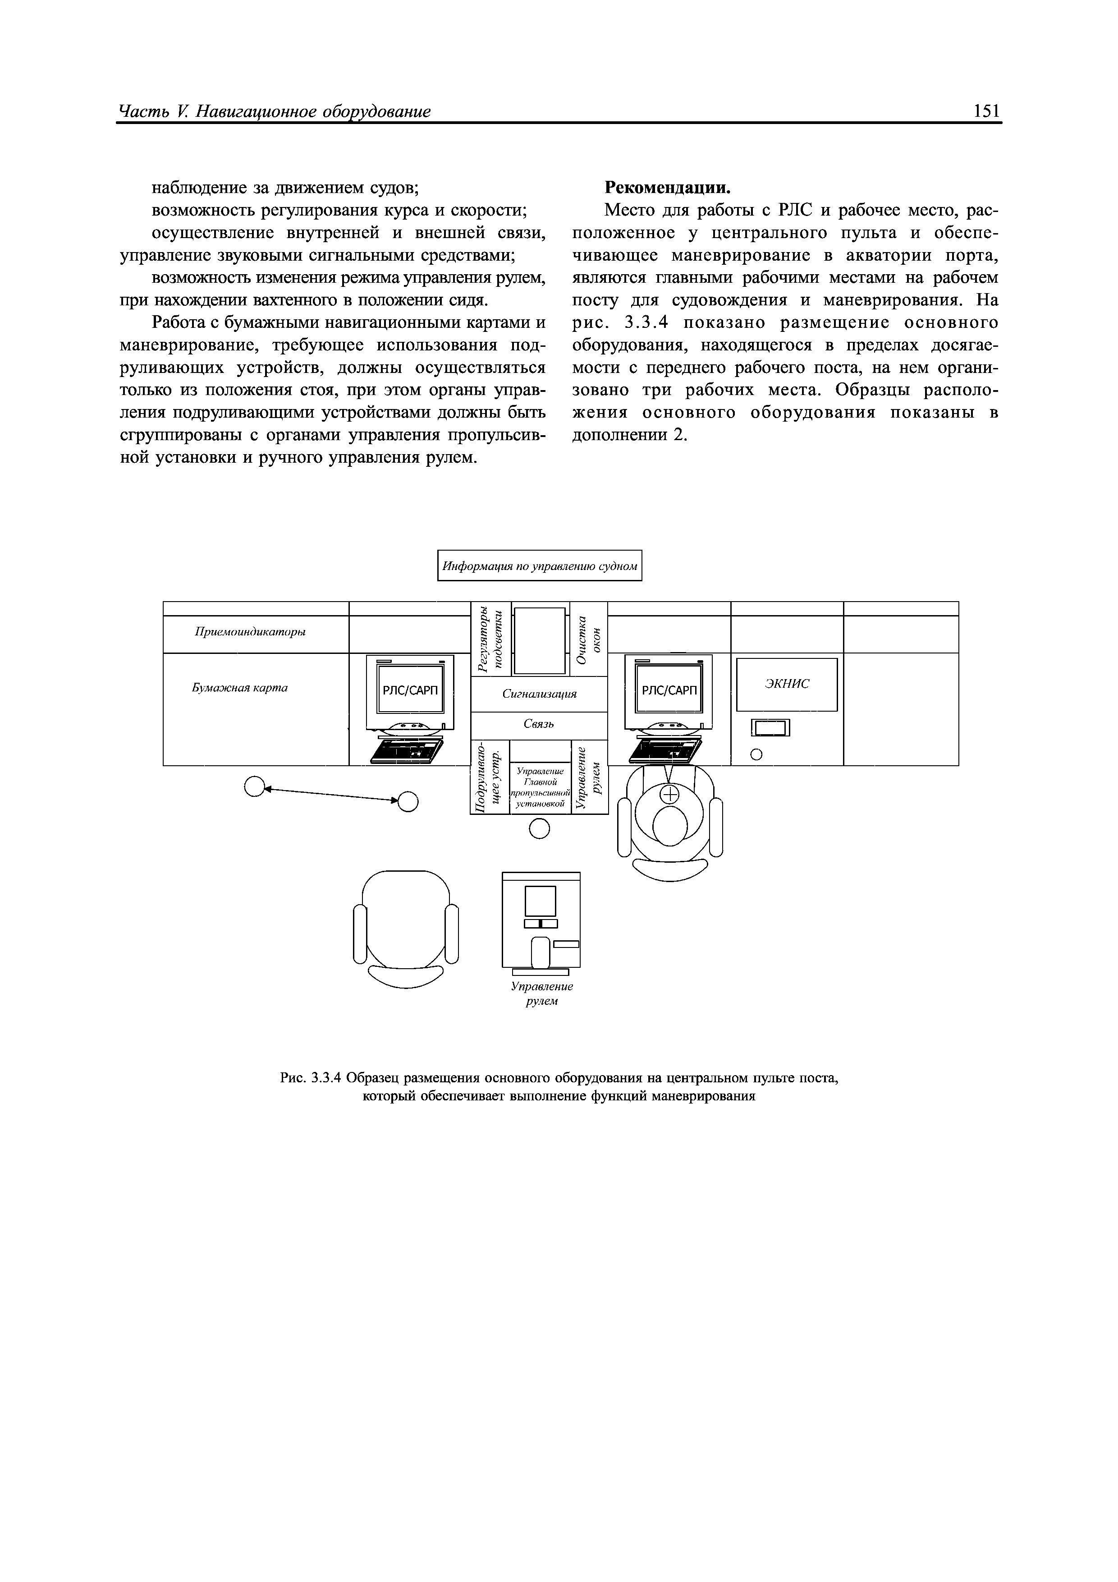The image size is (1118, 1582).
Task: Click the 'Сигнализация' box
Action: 539,694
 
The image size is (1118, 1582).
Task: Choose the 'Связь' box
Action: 539,724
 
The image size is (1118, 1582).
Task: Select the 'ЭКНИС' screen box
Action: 787,684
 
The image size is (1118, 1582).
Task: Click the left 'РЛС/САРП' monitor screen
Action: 410,690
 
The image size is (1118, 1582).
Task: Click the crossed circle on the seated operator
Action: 669,795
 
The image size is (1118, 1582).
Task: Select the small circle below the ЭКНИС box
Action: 756,755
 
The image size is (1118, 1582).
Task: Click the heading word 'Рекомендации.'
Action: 667,188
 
